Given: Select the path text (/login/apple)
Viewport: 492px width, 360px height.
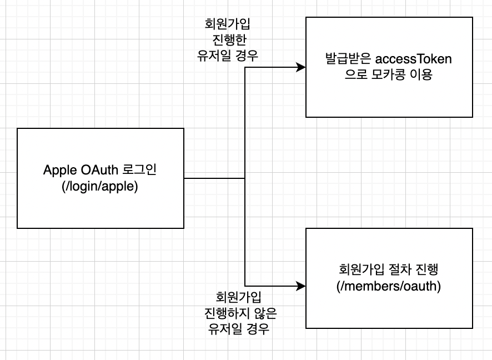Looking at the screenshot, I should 101,186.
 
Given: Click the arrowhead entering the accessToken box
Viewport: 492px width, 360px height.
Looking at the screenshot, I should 302,68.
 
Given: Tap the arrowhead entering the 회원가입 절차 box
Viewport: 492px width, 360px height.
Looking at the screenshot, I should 302,287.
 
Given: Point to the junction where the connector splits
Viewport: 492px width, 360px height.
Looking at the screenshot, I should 245,178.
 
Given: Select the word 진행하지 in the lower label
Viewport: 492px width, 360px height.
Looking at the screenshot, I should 226,313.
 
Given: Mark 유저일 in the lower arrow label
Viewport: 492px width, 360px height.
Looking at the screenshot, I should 224,329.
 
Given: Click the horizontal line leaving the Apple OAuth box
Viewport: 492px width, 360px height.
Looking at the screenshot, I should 214,178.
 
